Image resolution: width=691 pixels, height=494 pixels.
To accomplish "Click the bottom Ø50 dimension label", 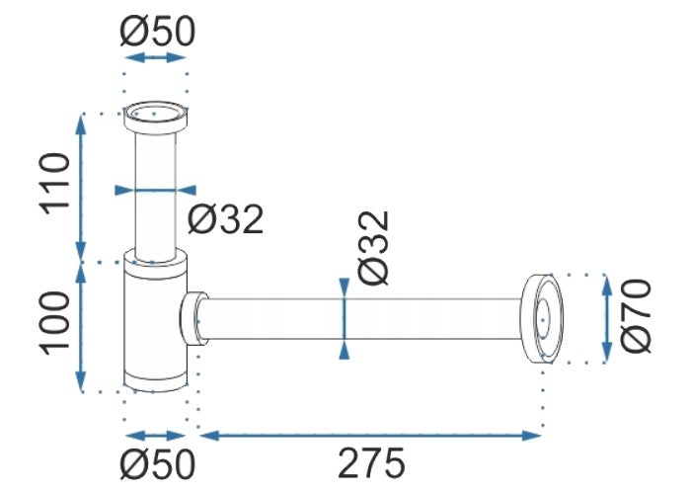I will (x=157, y=463).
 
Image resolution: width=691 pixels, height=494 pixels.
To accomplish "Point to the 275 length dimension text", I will (x=372, y=463).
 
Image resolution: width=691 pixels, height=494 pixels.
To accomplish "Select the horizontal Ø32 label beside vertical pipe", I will (x=226, y=218).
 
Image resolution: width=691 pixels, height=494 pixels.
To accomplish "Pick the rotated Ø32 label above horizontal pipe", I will (x=375, y=248).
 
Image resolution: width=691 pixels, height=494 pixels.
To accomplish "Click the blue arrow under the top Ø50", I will (x=155, y=59).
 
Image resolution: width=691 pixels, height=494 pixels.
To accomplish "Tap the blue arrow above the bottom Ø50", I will (x=156, y=434).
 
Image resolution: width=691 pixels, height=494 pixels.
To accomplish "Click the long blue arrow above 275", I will (x=371, y=433).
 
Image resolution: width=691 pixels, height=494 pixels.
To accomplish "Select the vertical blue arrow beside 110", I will (x=81, y=188).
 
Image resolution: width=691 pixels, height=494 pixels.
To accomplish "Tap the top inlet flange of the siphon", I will (x=154, y=115).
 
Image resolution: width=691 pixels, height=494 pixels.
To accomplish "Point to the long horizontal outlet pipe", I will (x=365, y=318).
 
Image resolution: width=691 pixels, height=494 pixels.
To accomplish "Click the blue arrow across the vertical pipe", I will (x=155, y=191).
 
